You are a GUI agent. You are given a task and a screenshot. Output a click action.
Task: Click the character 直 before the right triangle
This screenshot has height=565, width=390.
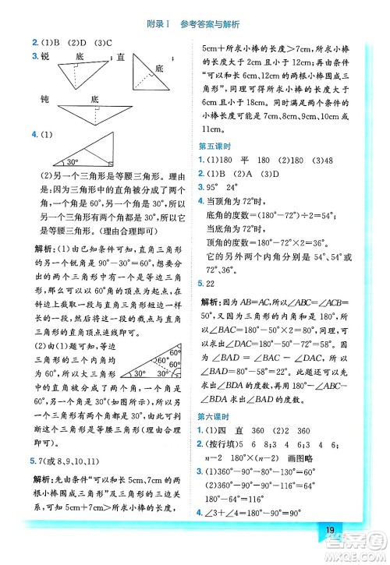tap(121, 57)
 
